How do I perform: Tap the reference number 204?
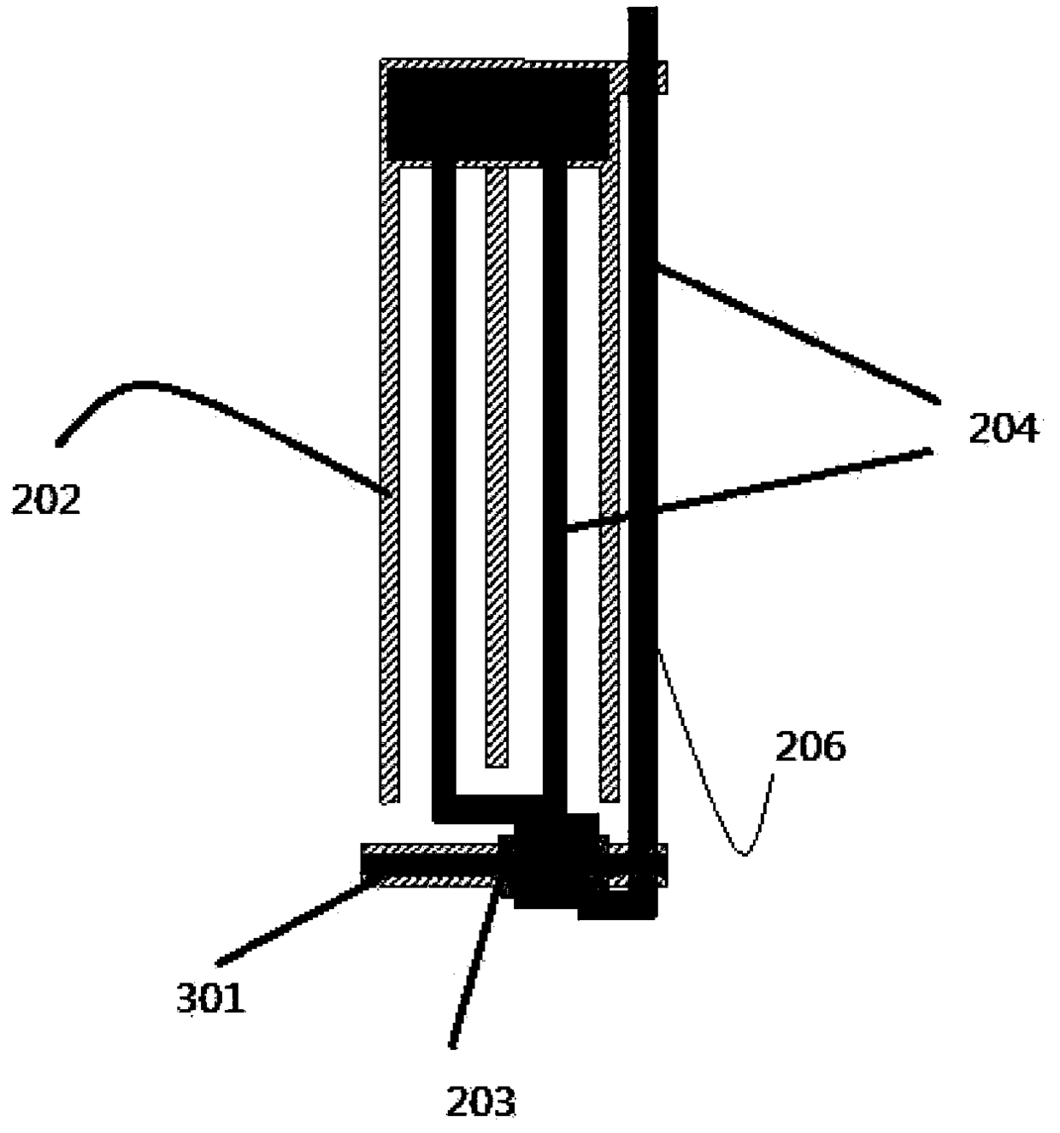pos(1003,428)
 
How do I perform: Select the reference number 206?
pos(810,746)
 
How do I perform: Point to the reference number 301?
pos(211,1013)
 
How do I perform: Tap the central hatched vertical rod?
pos(497,468)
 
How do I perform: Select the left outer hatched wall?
pos(390,485)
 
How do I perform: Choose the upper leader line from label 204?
pos(798,333)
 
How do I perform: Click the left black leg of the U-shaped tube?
pos(444,491)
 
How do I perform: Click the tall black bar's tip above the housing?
pos(643,8)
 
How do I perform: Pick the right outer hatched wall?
pos(609,485)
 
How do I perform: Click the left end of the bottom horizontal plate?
pos(362,865)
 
